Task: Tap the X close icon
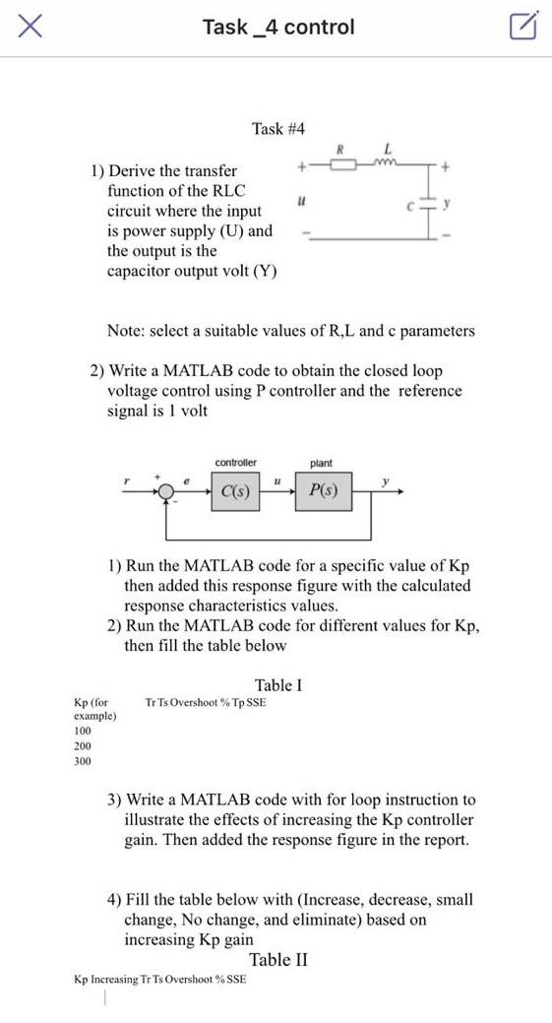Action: pos(30,27)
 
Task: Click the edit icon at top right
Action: pos(524,27)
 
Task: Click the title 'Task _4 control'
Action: pos(277,28)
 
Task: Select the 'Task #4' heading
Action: pos(278,129)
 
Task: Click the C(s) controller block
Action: pos(235,490)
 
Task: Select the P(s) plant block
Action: pos(323,490)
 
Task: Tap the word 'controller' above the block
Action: pos(235,463)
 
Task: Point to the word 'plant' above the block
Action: pos(321,463)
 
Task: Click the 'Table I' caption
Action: pos(278,685)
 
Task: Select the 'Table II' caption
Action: pos(278,960)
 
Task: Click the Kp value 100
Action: pos(83,732)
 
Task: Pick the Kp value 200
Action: pos(83,746)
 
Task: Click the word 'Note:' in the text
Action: pos(127,331)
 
